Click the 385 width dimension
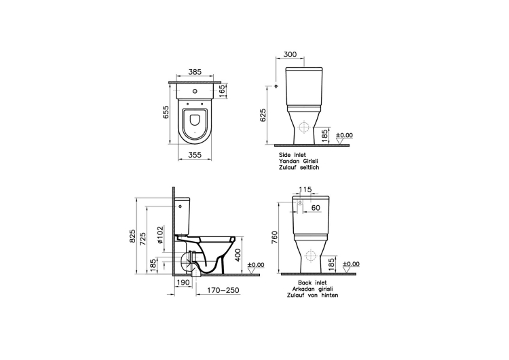[x=195, y=72]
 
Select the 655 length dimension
[x=166, y=112]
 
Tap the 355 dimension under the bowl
[x=195, y=155]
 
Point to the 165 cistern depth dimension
[x=222, y=91]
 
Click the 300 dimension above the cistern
[x=290, y=54]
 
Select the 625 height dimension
[x=263, y=115]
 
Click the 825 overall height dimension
[x=132, y=236]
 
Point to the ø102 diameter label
[x=160, y=235]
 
